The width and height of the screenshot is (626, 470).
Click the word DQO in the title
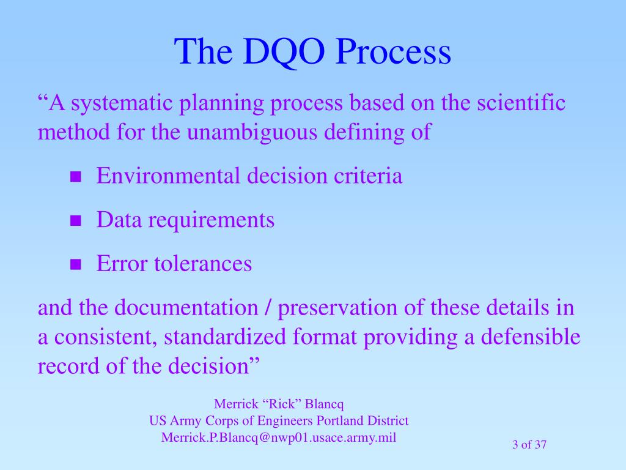tap(284, 52)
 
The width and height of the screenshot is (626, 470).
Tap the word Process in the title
tap(393, 51)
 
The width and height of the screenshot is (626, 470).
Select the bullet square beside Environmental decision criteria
tap(75, 177)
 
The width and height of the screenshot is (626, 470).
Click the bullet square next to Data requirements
tap(75, 220)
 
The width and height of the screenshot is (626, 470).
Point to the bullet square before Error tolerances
tap(75, 264)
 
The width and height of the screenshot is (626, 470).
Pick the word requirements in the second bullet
tap(211, 220)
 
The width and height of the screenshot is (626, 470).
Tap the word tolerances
tap(203, 264)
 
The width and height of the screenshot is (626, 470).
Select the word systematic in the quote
tap(122, 103)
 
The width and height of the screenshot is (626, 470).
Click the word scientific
tap(521, 102)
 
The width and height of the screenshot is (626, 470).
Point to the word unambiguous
tap(252, 132)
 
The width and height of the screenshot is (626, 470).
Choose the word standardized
tap(225, 337)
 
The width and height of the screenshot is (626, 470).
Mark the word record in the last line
tap(68, 366)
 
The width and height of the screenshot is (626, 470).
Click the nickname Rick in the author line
tap(281, 404)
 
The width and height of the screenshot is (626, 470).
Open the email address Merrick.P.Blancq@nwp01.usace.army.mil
tap(279, 438)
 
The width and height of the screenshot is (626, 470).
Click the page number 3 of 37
tap(529, 444)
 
